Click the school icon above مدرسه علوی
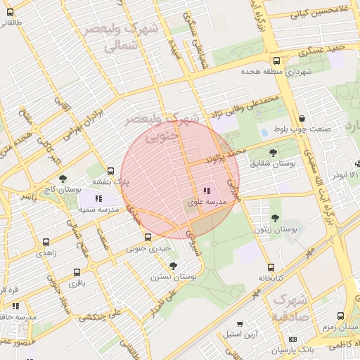[206, 191]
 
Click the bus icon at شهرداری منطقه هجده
[276, 60]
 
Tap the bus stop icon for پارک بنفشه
[110, 171]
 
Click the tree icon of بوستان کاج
[63, 179]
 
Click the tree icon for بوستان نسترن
[174, 265]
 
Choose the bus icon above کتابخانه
[271, 267]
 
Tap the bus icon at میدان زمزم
[341, 316]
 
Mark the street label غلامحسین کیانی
[304, 13]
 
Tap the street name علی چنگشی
[101, 314]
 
